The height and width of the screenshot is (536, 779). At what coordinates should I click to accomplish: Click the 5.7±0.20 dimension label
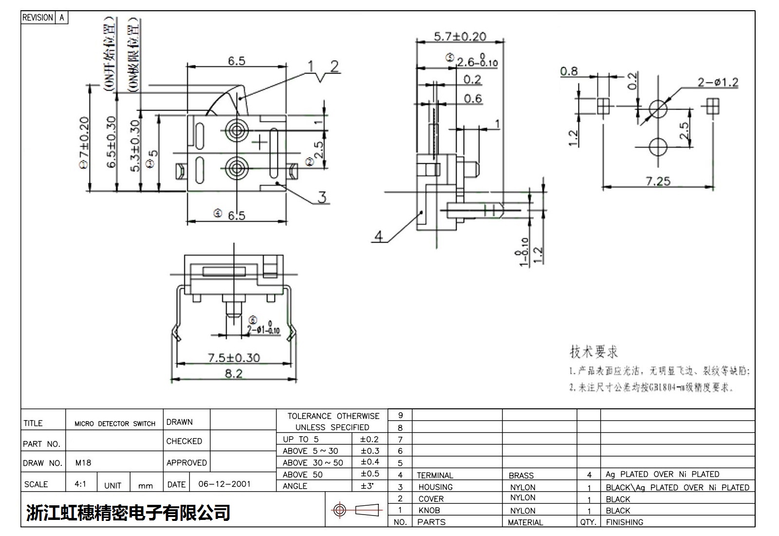point(460,37)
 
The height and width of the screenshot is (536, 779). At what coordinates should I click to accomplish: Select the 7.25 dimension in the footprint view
point(658,181)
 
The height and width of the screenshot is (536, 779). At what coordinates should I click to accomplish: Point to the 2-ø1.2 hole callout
point(717,82)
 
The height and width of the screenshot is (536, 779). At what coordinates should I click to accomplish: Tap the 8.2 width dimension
point(233,374)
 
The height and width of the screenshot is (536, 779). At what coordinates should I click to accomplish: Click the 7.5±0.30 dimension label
point(234,358)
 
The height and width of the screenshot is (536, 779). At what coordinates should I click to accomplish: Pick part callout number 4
point(378,237)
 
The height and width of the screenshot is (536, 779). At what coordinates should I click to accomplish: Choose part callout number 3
point(322,197)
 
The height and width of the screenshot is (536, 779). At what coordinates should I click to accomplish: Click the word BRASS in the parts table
point(521,475)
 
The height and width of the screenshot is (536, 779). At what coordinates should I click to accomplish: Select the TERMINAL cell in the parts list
point(435,475)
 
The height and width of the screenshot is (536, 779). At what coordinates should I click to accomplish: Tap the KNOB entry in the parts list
point(429,510)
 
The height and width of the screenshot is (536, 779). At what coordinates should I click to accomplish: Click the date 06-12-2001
point(224,484)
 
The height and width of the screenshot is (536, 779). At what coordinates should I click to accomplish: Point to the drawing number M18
point(83,462)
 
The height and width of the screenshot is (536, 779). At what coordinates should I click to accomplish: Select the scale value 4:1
point(80,484)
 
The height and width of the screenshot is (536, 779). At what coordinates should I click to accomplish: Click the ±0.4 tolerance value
point(370,462)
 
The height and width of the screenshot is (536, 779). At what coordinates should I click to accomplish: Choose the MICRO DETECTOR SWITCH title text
point(115,423)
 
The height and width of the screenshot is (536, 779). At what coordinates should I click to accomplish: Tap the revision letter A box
point(62,18)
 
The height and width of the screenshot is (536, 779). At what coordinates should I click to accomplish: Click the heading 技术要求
point(594,351)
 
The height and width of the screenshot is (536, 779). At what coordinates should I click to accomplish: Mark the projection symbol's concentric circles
point(339,510)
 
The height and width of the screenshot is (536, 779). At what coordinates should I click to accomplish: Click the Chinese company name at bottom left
point(128,512)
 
